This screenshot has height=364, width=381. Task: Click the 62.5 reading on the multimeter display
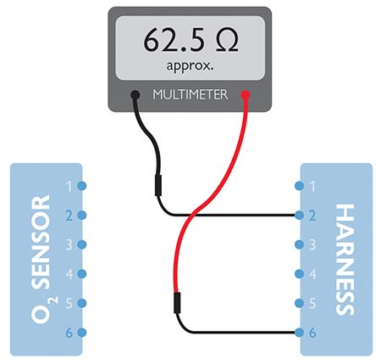[174, 40]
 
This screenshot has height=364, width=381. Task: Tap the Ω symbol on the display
[227, 40]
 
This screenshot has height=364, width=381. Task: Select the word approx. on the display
[190, 66]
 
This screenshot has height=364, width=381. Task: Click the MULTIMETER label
[190, 94]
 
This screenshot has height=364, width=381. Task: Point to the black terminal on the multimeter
[135, 94]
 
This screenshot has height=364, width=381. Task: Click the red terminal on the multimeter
[246, 94]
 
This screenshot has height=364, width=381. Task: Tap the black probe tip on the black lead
[158, 185]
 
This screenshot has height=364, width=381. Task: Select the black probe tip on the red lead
[177, 303]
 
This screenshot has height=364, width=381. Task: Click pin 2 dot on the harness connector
[299, 216]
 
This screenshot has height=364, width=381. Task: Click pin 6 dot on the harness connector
[299, 333]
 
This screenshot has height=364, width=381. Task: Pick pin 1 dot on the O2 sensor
[82, 186]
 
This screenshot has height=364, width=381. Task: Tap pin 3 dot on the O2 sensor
[82, 244]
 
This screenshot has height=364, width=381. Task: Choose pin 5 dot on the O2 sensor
[82, 303]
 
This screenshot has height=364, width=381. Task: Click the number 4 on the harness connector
[312, 274]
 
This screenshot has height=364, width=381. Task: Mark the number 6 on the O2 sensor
[69, 333]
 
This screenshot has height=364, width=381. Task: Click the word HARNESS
[345, 260]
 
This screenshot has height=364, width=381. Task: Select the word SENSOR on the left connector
[41, 242]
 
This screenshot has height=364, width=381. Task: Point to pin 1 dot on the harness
[299, 186]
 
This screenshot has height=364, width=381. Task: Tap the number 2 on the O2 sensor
[69, 216]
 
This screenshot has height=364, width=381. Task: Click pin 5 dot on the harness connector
[299, 303]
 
